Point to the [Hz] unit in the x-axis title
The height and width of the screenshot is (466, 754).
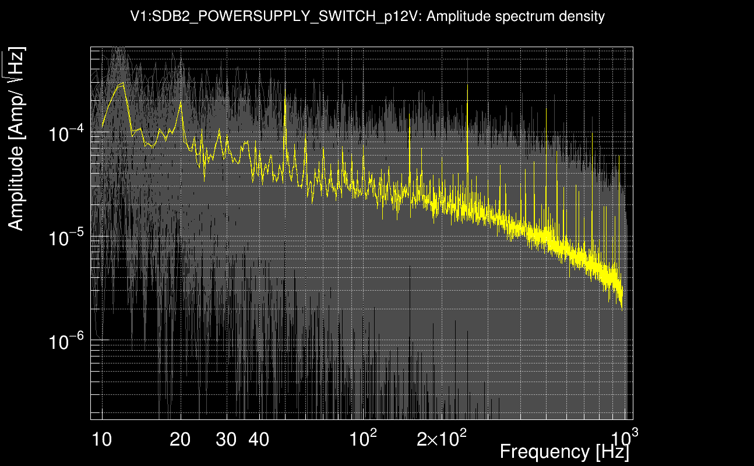coord(611,451)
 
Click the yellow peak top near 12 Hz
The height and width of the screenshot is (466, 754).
coord(122,84)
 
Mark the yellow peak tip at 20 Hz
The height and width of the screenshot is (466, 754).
coord(181,102)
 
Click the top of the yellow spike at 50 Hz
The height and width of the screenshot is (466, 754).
coord(285,98)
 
